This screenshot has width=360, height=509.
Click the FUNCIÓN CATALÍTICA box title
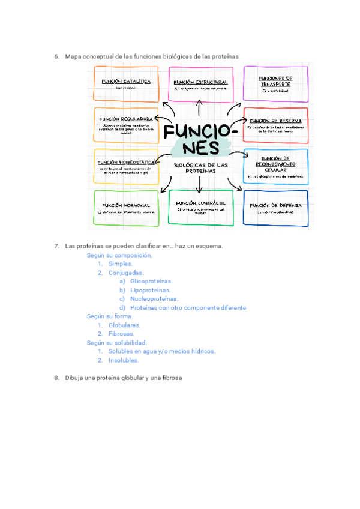tap(125, 80)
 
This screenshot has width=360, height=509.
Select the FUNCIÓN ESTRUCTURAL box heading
tap(200, 82)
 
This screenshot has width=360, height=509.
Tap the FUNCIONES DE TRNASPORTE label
tap(275, 81)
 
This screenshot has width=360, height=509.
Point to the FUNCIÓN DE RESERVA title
tap(275, 121)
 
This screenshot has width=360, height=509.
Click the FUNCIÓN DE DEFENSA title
tap(275, 205)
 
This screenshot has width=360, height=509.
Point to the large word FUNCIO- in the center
tap(201, 132)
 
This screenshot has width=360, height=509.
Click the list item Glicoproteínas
tap(151, 281)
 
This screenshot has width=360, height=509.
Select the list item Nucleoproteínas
tap(154, 298)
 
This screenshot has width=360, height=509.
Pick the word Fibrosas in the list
tap(122, 334)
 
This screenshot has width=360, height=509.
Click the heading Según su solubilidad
tap(117, 343)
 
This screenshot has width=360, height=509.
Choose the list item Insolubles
tap(124, 360)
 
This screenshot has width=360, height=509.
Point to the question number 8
tap(56, 378)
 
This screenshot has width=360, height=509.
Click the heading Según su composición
tap(120, 254)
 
